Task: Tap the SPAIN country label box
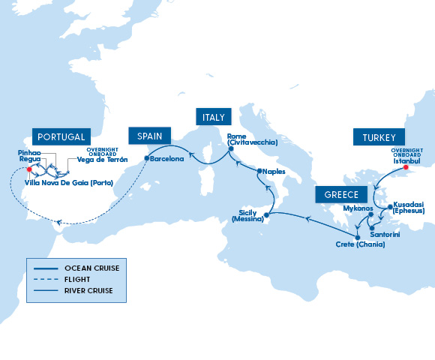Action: (149, 136)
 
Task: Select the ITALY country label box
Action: (210, 117)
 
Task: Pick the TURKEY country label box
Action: (379, 137)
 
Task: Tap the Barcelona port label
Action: (166, 159)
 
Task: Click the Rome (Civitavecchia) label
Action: (253, 139)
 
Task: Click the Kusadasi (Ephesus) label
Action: (409, 207)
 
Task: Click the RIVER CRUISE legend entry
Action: (89, 289)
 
